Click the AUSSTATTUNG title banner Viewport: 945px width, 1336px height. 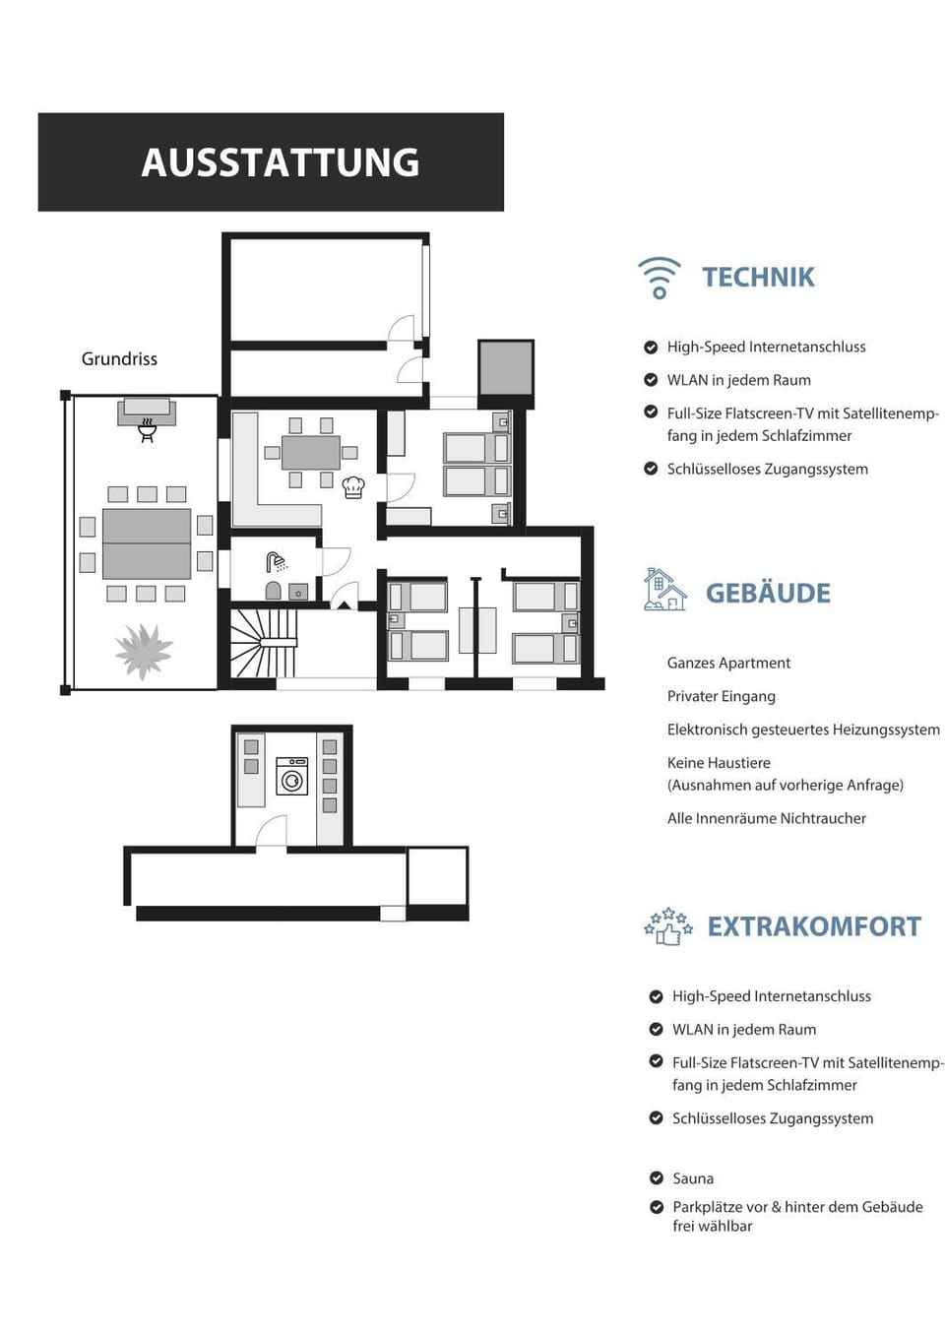[271, 162]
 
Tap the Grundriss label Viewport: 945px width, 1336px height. [119, 359]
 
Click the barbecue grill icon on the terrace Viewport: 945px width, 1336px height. [146, 430]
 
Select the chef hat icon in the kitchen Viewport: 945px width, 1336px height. [353, 487]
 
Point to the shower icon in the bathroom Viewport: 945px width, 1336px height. [276, 562]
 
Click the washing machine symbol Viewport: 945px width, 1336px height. [292, 776]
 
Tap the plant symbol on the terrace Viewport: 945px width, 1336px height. [144, 652]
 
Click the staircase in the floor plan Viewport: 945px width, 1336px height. [264, 643]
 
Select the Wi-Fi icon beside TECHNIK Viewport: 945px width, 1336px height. [660, 278]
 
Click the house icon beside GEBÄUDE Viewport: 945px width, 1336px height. [665, 590]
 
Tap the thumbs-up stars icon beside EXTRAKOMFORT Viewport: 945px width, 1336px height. [668, 926]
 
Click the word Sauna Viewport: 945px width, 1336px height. [693, 1178]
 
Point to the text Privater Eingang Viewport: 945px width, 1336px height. [722, 697]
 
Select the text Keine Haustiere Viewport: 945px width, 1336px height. [719, 763]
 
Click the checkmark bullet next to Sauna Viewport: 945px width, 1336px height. [657, 1177]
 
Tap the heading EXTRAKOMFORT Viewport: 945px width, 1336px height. [814, 926]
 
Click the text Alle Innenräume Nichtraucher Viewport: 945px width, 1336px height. [767, 818]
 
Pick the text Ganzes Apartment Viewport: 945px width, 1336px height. [728, 664]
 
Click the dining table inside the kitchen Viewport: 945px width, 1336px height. [311, 453]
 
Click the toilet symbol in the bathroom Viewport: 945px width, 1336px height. [273, 591]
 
